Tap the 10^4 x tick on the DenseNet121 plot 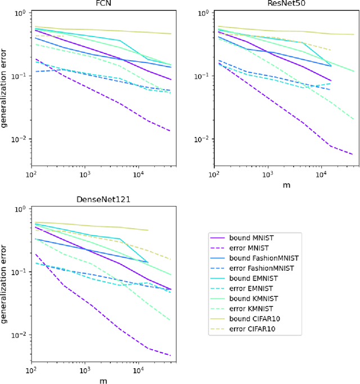[x=138, y=372]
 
